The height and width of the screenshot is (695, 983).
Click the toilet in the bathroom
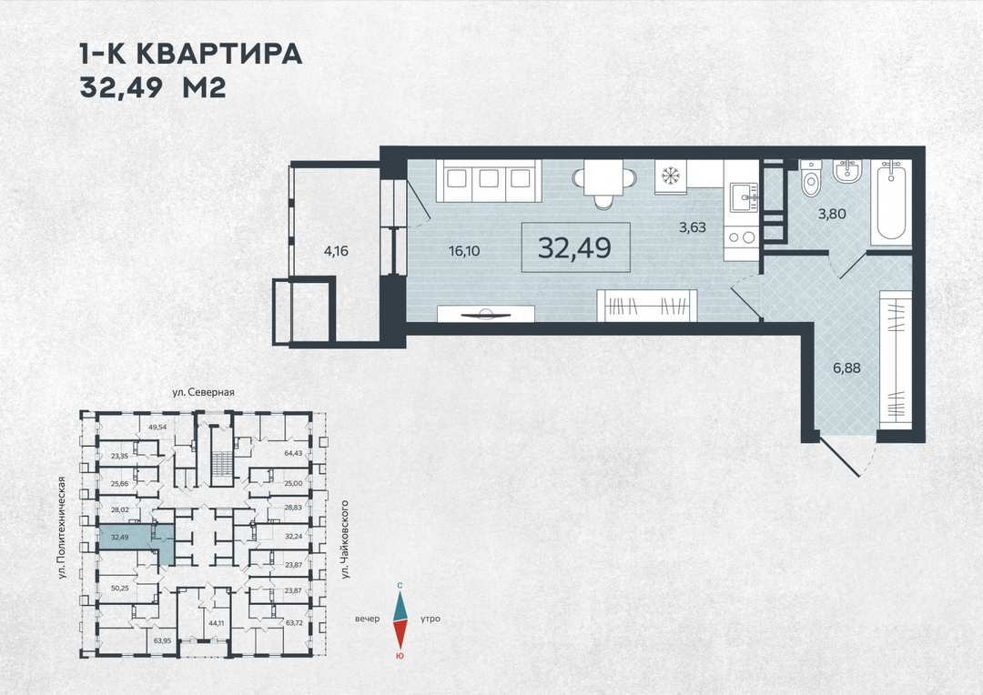(811, 178)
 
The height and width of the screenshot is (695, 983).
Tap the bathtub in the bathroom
(890, 203)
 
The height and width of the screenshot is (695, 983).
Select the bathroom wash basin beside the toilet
(847, 171)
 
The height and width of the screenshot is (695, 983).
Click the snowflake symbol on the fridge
(671, 176)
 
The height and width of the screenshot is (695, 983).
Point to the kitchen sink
(744, 196)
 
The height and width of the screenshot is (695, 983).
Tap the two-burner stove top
(741, 237)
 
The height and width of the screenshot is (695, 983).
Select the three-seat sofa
(489, 180)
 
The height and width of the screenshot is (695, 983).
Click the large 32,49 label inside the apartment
(575, 248)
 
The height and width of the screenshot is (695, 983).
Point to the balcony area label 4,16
(336, 251)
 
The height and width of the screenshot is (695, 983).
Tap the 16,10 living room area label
(464, 251)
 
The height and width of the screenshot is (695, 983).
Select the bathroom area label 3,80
(832, 214)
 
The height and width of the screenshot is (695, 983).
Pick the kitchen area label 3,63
(693, 227)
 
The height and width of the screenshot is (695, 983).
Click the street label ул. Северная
(204, 392)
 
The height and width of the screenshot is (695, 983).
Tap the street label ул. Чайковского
(345, 539)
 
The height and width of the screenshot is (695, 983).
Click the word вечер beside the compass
(368, 619)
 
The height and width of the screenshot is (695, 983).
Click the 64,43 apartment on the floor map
(293, 453)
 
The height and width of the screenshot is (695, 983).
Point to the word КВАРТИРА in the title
(219, 55)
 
